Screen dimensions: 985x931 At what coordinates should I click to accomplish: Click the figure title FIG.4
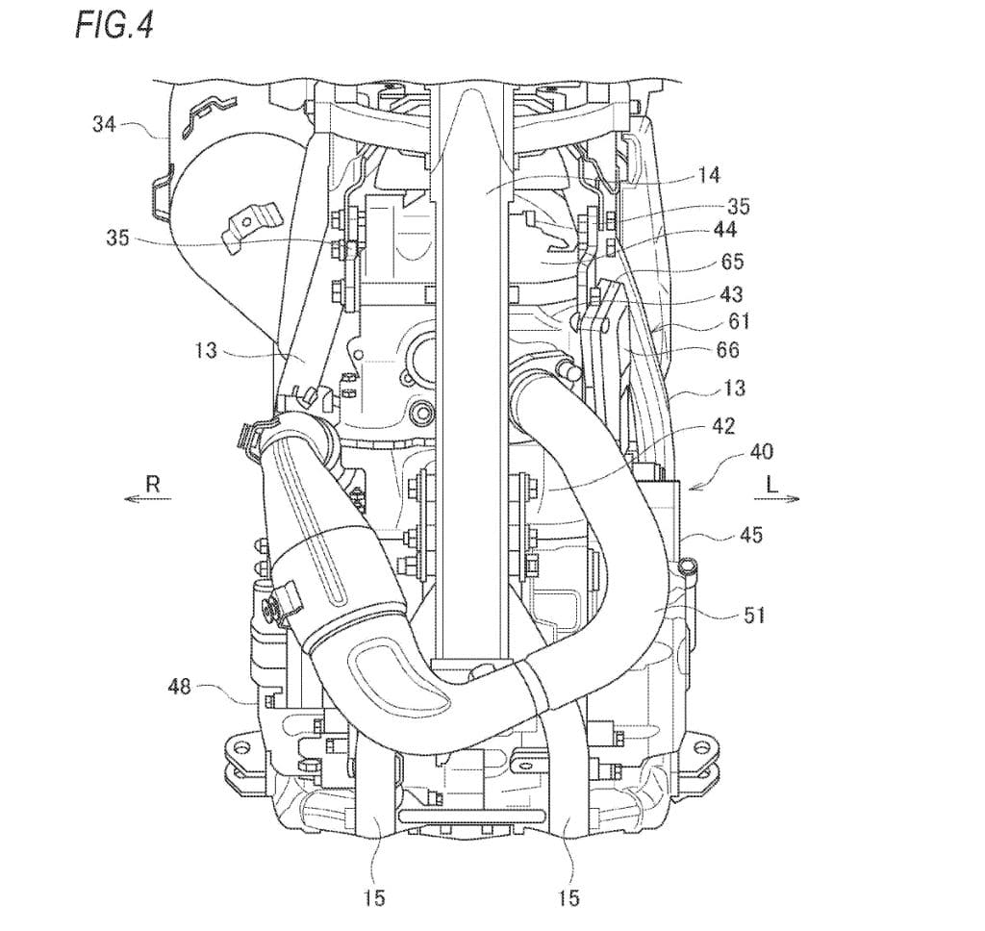(x=114, y=26)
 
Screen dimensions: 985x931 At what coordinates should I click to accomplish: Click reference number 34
(x=104, y=124)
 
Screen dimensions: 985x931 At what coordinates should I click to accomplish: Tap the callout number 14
(x=708, y=175)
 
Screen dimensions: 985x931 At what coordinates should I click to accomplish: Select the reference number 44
(x=724, y=230)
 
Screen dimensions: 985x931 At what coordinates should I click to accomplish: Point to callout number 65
(x=731, y=261)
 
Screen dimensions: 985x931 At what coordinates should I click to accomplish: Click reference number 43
(x=731, y=293)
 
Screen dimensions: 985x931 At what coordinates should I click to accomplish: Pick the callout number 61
(x=739, y=321)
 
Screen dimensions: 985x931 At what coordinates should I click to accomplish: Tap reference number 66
(x=727, y=350)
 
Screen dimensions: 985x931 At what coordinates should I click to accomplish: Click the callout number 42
(x=723, y=427)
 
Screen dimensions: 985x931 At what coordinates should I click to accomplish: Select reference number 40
(x=761, y=452)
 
